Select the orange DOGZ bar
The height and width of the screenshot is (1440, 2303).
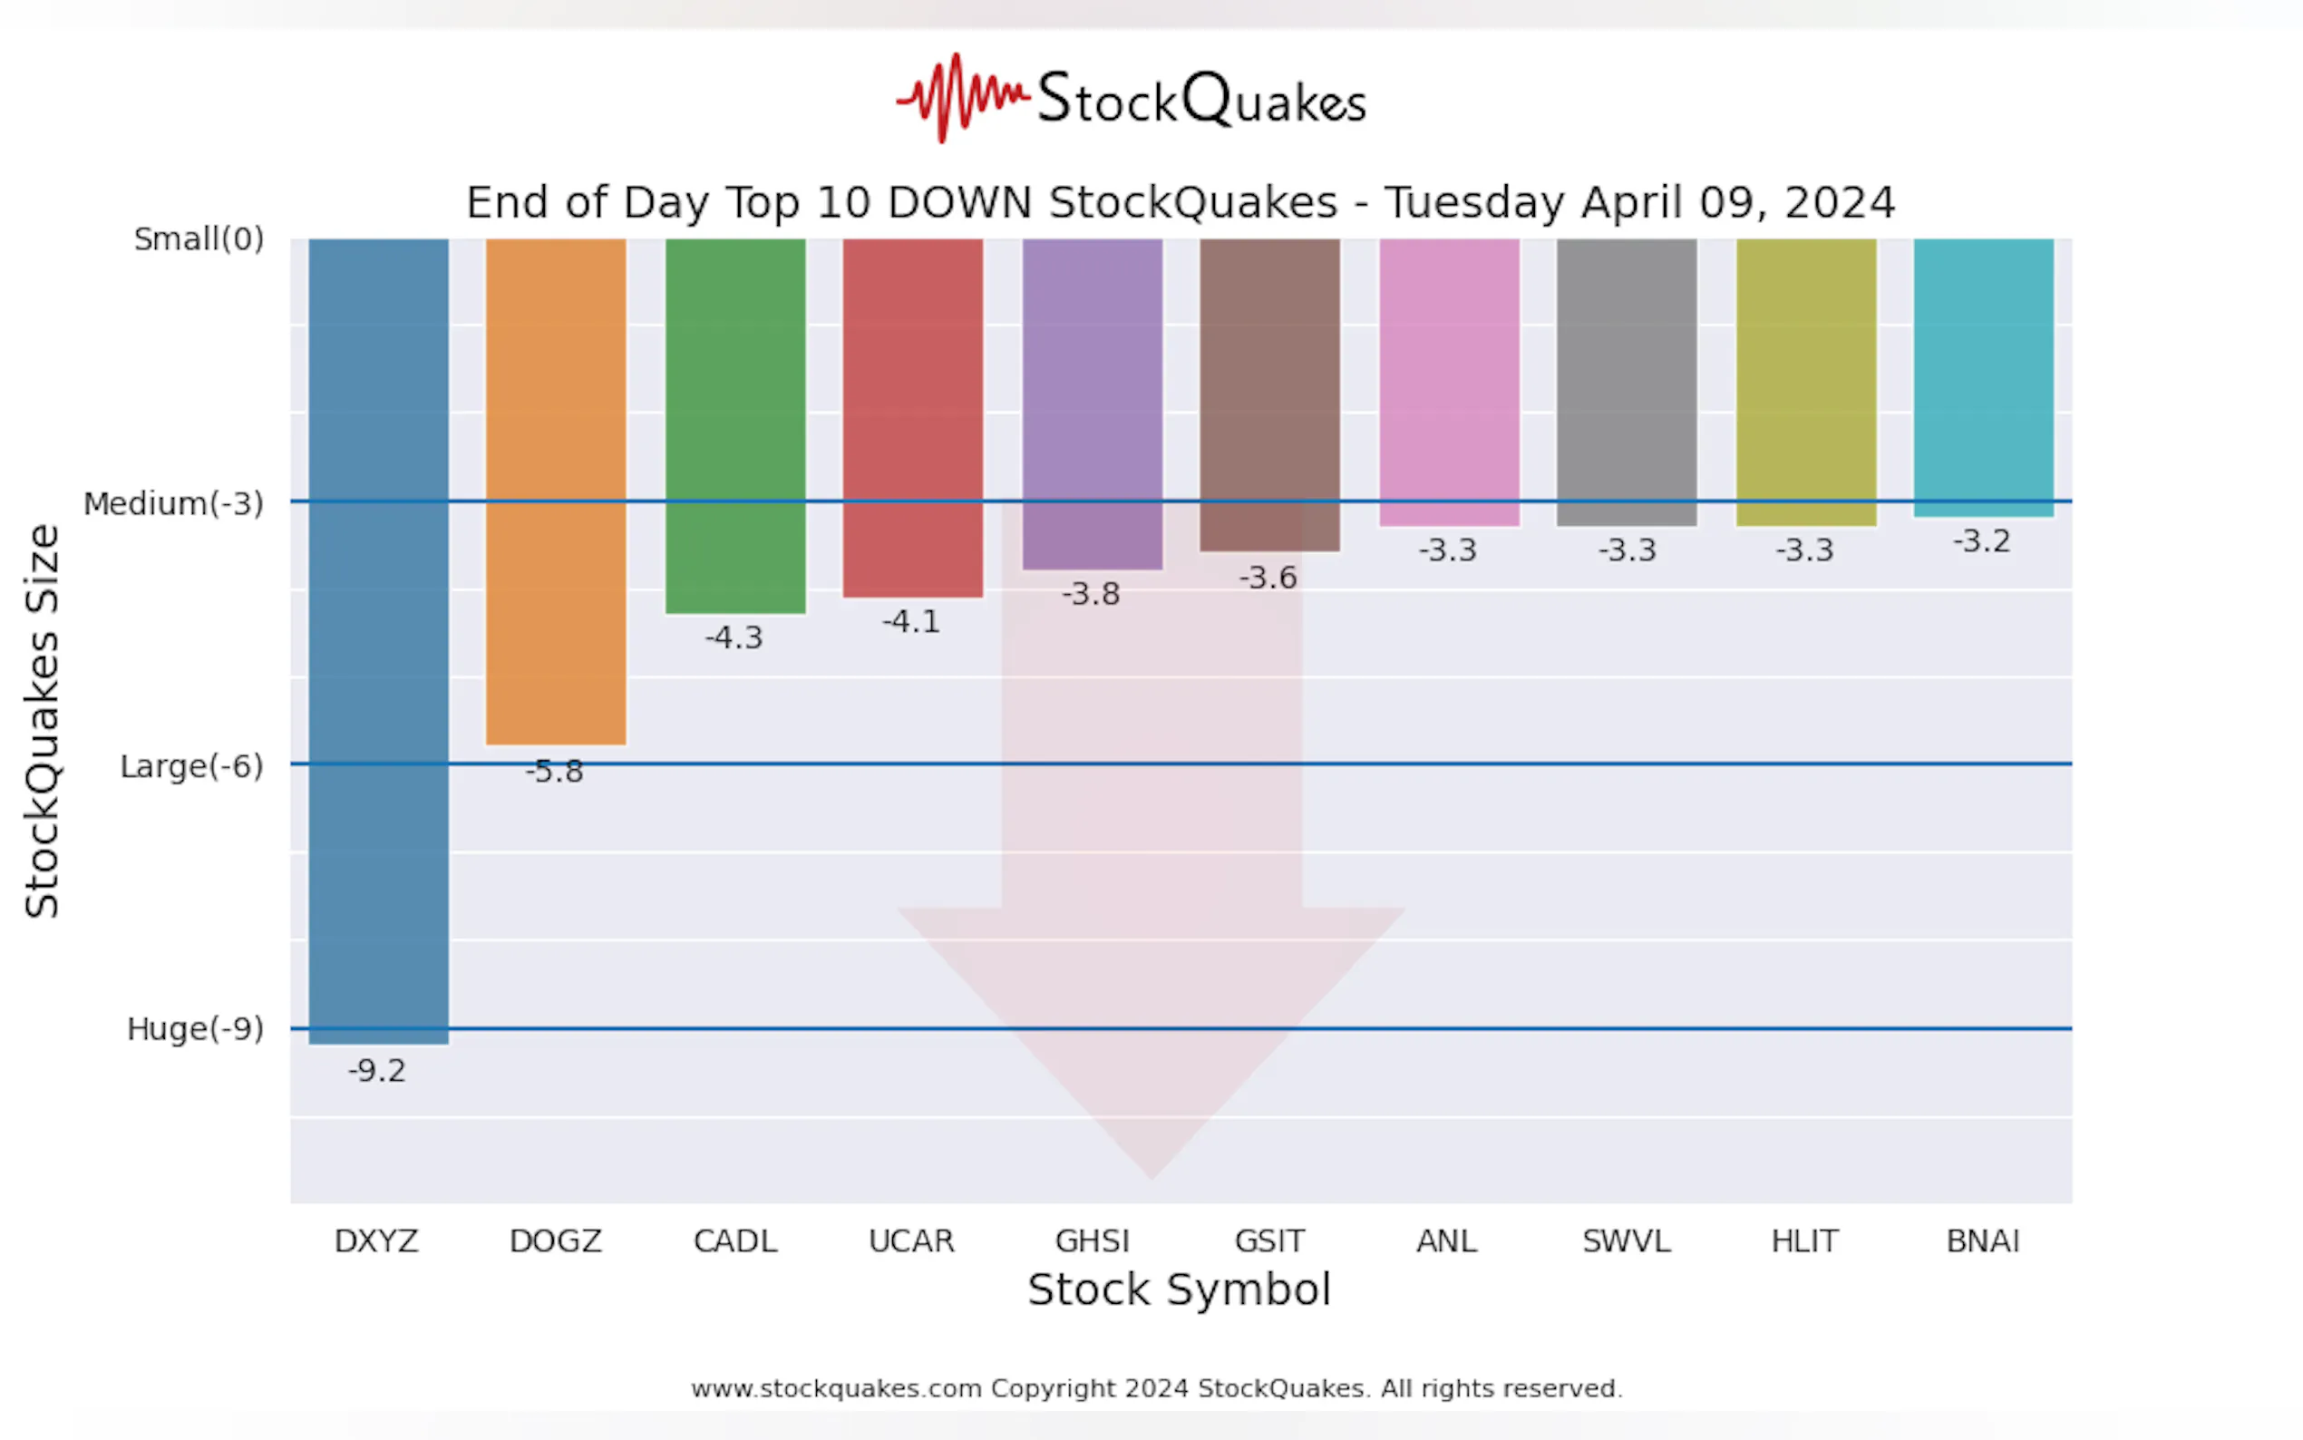pos(556,491)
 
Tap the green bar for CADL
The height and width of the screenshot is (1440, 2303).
pos(735,424)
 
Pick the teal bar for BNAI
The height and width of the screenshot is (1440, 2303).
pos(1983,377)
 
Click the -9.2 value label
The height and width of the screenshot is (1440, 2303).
pos(377,1070)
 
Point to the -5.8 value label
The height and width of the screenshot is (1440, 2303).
pos(555,772)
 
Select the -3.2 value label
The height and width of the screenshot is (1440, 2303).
pos(1982,541)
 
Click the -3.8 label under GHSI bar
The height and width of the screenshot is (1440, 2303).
pos(1091,594)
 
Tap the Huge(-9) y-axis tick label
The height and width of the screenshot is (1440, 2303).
pos(195,1028)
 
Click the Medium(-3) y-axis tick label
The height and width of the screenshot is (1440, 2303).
pos(173,503)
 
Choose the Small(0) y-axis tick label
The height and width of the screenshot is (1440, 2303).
pos(199,239)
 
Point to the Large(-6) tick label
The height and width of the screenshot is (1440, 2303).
pos(191,765)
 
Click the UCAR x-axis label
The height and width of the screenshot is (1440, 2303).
pos(911,1241)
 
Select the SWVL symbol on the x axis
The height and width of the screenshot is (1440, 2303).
pos(1626,1241)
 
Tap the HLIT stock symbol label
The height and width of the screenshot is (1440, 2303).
pos(1805,1241)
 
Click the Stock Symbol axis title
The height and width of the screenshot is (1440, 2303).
pos(1179,1289)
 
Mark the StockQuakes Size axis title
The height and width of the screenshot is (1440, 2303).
pos(42,721)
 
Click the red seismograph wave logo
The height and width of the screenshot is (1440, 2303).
pos(962,97)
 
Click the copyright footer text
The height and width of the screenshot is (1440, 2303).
pos(1156,1387)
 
